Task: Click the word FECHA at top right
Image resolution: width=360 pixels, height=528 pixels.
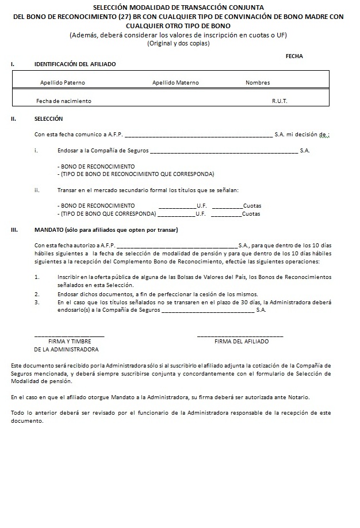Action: (x=294, y=56)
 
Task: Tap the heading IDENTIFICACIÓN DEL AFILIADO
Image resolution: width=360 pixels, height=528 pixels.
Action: (x=75, y=64)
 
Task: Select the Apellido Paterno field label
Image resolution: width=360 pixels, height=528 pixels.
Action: (x=63, y=83)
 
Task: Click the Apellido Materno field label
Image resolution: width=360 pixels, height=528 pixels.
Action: (x=175, y=83)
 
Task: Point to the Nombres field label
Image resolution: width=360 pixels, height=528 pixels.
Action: (x=258, y=83)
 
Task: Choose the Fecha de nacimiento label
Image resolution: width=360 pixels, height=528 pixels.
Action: (x=63, y=101)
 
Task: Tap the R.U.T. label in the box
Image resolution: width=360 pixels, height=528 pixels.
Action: (x=279, y=101)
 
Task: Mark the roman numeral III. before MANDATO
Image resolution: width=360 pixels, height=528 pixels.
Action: (x=14, y=230)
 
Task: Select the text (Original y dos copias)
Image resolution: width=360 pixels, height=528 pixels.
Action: (x=178, y=44)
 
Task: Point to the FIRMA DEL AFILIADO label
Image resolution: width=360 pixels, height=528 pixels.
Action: (x=242, y=342)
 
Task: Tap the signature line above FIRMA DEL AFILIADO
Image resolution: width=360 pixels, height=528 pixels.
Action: (x=240, y=335)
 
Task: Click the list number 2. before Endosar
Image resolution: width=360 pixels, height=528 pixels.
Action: (x=37, y=293)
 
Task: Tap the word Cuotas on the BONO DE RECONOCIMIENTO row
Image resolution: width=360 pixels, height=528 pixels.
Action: (x=252, y=205)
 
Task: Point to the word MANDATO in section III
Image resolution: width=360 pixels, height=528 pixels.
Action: (x=49, y=230)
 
